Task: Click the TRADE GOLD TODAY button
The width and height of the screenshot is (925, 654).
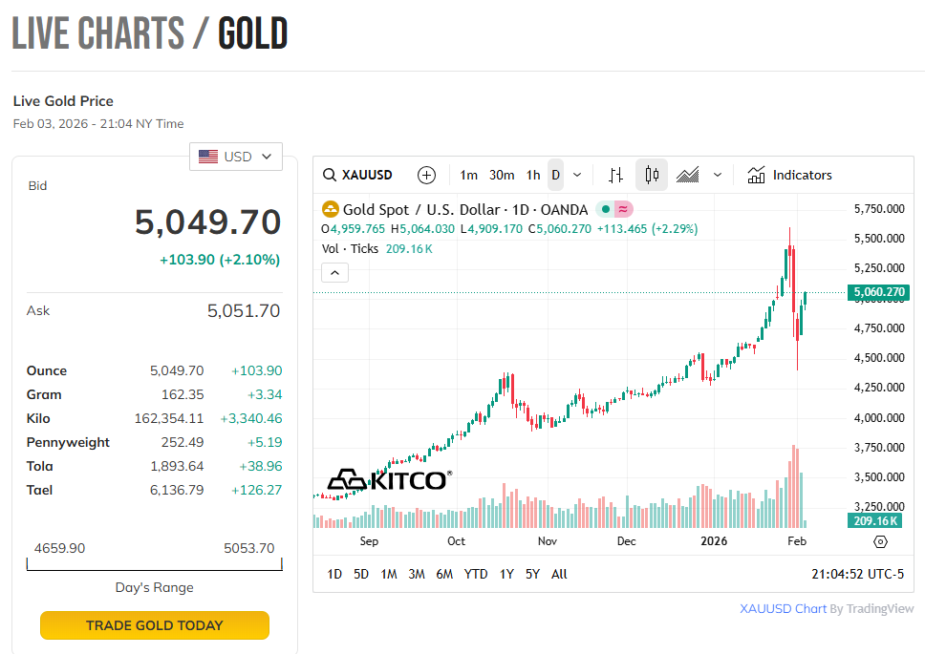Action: click(154, 625)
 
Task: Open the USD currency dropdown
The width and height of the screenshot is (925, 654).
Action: click(236, 157)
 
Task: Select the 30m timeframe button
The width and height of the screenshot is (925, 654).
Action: click(502, 175)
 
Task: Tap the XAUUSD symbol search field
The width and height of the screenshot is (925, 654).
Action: click(358, 175)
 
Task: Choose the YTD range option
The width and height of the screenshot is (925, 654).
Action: click(476, 574)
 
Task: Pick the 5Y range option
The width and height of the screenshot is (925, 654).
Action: click(532, 574)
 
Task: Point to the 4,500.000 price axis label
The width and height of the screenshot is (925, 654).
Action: click(877, 358)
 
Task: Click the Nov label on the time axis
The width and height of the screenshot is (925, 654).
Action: click(547, 541)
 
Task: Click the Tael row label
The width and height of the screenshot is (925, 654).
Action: click(39, 490)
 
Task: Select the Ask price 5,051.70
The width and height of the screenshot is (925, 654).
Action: click(244, 310)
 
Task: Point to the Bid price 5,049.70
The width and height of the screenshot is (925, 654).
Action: click(207, 222)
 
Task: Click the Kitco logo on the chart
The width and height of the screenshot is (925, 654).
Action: click(388, 479)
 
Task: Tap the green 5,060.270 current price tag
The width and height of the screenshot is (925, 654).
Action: click(878, 292)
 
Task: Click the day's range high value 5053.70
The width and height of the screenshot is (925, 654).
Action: click(248, 548)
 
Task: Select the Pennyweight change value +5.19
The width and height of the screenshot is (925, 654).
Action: click(264, 442)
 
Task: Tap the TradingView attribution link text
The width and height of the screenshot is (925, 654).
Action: click(827, 608)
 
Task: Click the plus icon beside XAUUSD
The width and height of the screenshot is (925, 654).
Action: click(426, 175)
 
